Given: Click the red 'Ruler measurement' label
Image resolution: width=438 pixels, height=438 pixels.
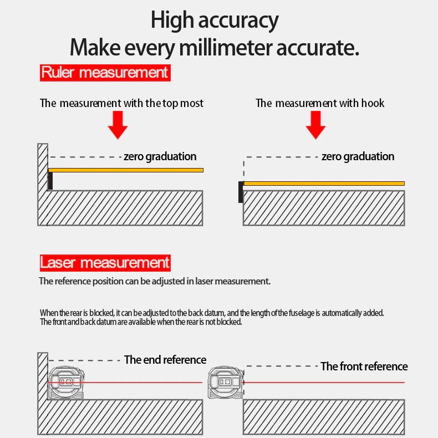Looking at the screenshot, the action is [105, 73].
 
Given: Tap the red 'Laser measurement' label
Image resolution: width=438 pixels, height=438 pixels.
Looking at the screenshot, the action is [105, 263].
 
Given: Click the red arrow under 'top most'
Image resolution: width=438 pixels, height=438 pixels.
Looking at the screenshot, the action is [118, 125].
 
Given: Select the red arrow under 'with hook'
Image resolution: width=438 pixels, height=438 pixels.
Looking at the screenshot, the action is [315, 125].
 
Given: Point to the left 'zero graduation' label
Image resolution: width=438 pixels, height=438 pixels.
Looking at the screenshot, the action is [160, 157].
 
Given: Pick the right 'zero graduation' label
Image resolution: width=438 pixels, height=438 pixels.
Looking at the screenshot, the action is [358, 157].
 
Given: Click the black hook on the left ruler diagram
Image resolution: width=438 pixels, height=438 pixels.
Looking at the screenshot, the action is [50, 181].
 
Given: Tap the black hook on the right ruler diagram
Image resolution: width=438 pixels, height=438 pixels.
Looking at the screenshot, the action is [241, 192].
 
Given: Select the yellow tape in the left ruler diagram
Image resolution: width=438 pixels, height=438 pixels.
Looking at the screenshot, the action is [126, 170].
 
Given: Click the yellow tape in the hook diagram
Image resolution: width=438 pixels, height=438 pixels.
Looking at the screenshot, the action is [324, 184].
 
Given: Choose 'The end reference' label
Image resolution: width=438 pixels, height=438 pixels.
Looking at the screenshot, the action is [165, 360].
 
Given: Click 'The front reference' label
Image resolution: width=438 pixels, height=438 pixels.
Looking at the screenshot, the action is [364, 366].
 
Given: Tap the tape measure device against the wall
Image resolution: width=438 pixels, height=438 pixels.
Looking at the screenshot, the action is [67, 383].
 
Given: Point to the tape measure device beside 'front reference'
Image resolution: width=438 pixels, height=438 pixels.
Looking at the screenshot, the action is [226, 383].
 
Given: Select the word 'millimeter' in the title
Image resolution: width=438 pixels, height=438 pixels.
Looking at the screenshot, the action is [226, 48].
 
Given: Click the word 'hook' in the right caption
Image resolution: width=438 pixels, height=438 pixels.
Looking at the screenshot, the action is [373, 103].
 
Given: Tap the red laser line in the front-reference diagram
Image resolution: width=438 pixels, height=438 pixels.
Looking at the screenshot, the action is [324, 383].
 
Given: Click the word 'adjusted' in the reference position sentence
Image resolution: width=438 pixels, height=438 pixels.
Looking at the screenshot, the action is [169, 281].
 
